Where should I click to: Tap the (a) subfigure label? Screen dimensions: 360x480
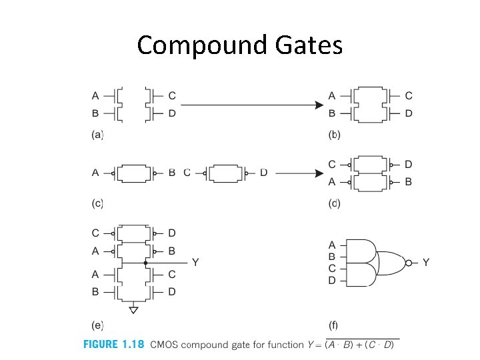(97, 135)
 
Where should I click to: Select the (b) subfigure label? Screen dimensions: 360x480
(334, 135)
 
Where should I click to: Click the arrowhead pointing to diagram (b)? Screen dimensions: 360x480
(319, 104)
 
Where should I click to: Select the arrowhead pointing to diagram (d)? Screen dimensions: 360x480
(319, 173)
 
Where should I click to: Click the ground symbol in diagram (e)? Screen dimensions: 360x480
(134, 309)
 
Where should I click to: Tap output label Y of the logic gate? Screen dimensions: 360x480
(425, 263)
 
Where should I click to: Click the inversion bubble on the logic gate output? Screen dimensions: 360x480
(408, 263)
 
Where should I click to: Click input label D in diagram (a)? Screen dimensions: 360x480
(172, 114)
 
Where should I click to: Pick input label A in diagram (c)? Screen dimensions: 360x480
(95, 173)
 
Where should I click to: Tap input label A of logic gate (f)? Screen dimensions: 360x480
(333, 245)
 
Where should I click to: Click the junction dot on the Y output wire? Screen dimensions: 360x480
(145, 263)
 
